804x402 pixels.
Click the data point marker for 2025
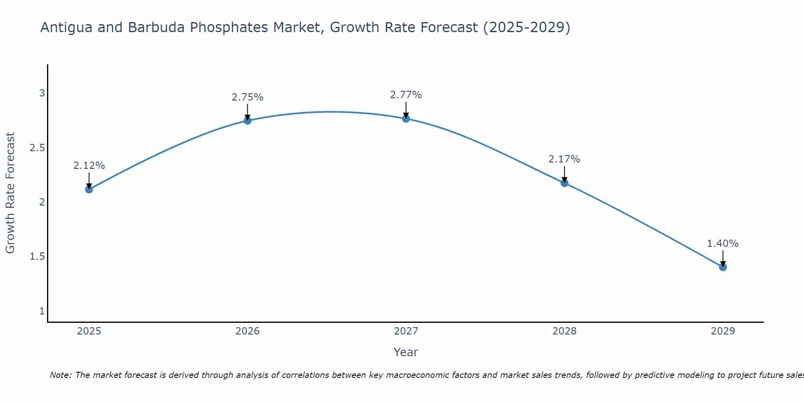[x=89, y=189]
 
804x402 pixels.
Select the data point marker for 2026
[x=248, y=121]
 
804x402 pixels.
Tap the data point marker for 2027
[x=406, y=119]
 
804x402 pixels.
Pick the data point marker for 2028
[x=564, y=183]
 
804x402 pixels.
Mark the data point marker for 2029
[x=723, y=267]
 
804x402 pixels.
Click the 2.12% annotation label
[x=89, y=166]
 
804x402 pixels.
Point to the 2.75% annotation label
[x=248, y=97]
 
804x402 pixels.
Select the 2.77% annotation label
[x=406, y=95]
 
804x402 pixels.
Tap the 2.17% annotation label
[x=564, y=159]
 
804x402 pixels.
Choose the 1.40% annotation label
[x=723, y=244]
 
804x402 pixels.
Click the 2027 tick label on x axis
[x=406, y=331]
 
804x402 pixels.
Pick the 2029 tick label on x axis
[x=723, y=331]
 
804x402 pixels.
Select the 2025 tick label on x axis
[x=89, y=331]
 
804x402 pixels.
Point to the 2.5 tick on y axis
[x=37, y=148]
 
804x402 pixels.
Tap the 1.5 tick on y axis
[x=37, y=256]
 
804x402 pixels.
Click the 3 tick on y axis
[x=42, y=93]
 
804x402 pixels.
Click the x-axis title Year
[x=406, y=352]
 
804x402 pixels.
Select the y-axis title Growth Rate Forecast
[x=10, y=193]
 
